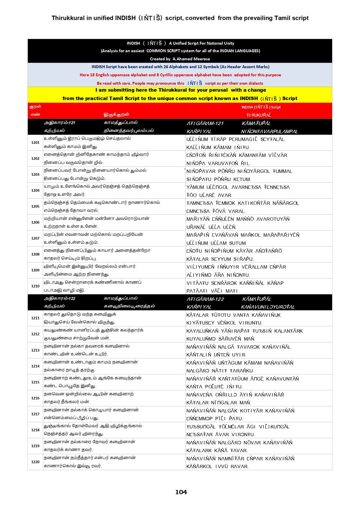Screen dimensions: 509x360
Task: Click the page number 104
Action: pos(181,492)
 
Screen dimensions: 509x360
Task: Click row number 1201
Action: pos(35,143)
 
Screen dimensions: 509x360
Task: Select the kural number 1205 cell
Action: pos(35,207)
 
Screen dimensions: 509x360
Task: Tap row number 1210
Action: pos(35,286)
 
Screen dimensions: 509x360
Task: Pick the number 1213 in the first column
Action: pos(35,350)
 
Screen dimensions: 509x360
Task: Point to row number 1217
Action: pos(35,414)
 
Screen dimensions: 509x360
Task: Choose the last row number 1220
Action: pos(35,462)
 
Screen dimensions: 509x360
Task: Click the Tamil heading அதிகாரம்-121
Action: pos(59,123)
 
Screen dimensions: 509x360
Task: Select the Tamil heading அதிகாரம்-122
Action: pos(59,298)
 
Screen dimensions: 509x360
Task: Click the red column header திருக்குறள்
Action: pos(116,115)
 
